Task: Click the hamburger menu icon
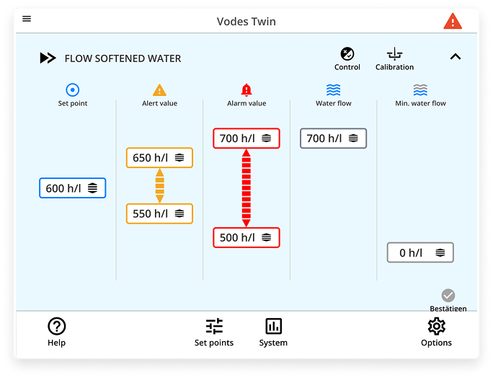click(27, 19)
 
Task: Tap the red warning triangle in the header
click(453, 21)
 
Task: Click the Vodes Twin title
click(246, 22)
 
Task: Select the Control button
click(347, 58)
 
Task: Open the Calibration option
click(394, 58)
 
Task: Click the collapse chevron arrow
click(455, 57)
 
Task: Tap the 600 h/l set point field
click(72, 188)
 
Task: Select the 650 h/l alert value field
click(159, 158)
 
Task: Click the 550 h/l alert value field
click(159, 214)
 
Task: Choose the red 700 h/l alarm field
click(246, 139)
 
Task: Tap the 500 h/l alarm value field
click(246, 237)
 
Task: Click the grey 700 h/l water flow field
click(333, 139)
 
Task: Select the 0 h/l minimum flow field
click(420, 252)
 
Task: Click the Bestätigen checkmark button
click(448, 296)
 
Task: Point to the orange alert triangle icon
click(159, 90)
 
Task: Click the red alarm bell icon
click(246, 90)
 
